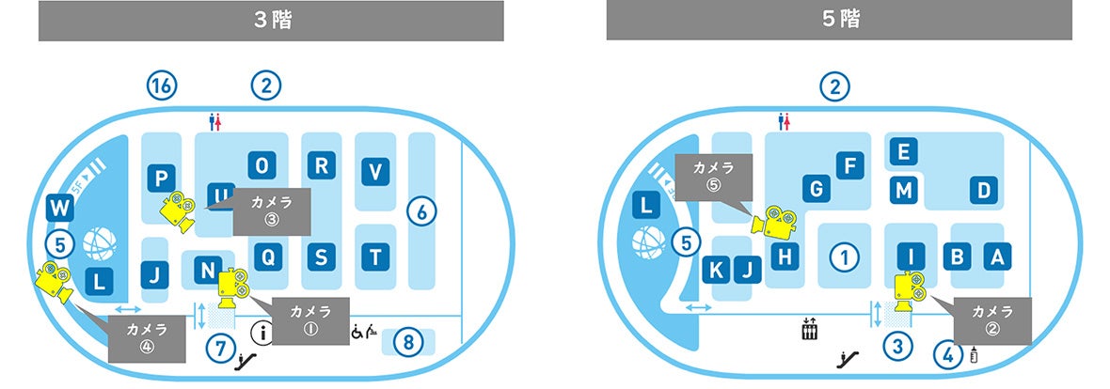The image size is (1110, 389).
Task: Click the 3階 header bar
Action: click(x=272, y=21)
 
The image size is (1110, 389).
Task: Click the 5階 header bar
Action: click(x=838, y=21)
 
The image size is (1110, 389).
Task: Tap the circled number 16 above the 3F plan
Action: click(x=162, y=86)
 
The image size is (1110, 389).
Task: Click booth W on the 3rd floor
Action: click(x=59, y=207)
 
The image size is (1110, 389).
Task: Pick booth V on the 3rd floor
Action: click(x=375, y=172)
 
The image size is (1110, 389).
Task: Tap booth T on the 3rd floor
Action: click(x=375, y=256)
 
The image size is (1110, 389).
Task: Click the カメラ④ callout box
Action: click(x=146, y=338)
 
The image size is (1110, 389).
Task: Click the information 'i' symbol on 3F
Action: click(x=262, y=331)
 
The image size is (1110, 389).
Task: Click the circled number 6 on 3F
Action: click(x=422, y=212)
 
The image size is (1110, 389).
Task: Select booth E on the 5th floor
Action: click(x=903, y=151)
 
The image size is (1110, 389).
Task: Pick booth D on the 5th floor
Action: click(x=983, y=191)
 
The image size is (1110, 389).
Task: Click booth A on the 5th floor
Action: click(x=997, y=256)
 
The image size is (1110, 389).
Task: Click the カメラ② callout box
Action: click(x=992, y=319)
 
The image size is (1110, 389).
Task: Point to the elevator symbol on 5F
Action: click(x=808, y=331)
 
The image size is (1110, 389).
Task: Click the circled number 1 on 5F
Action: click(x=845, y=256)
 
